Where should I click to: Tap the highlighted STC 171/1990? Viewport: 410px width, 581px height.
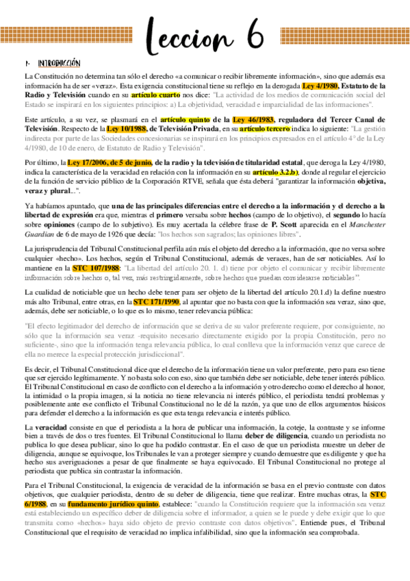(x=156, y=301)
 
